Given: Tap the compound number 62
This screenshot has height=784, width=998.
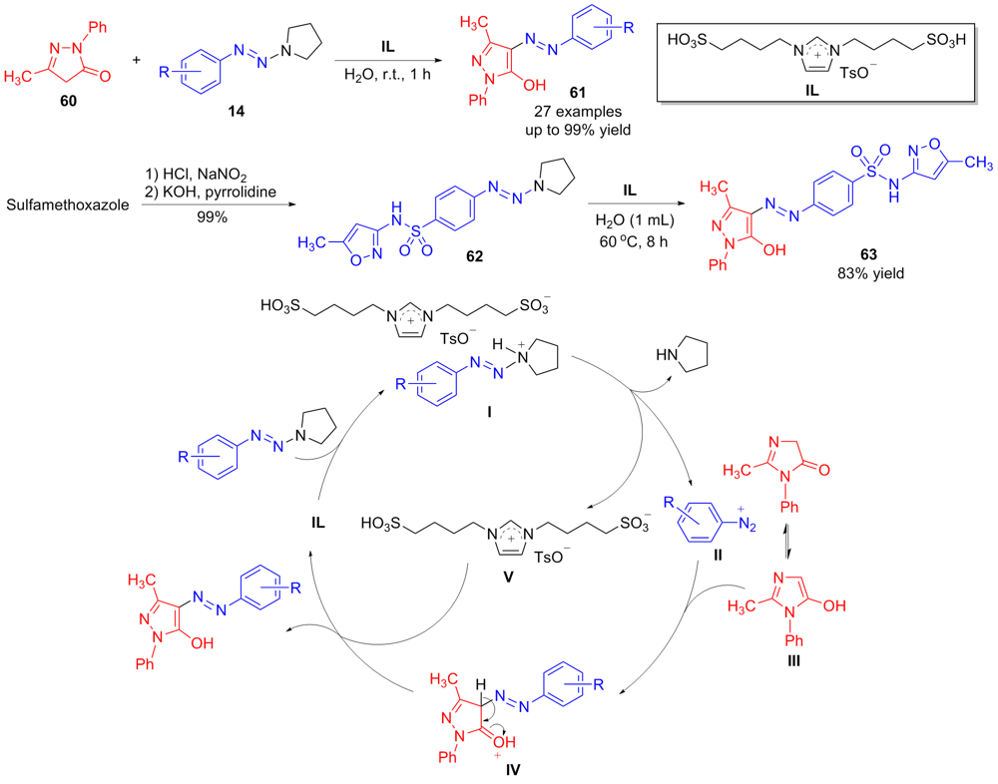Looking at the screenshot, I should pos(473,255).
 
